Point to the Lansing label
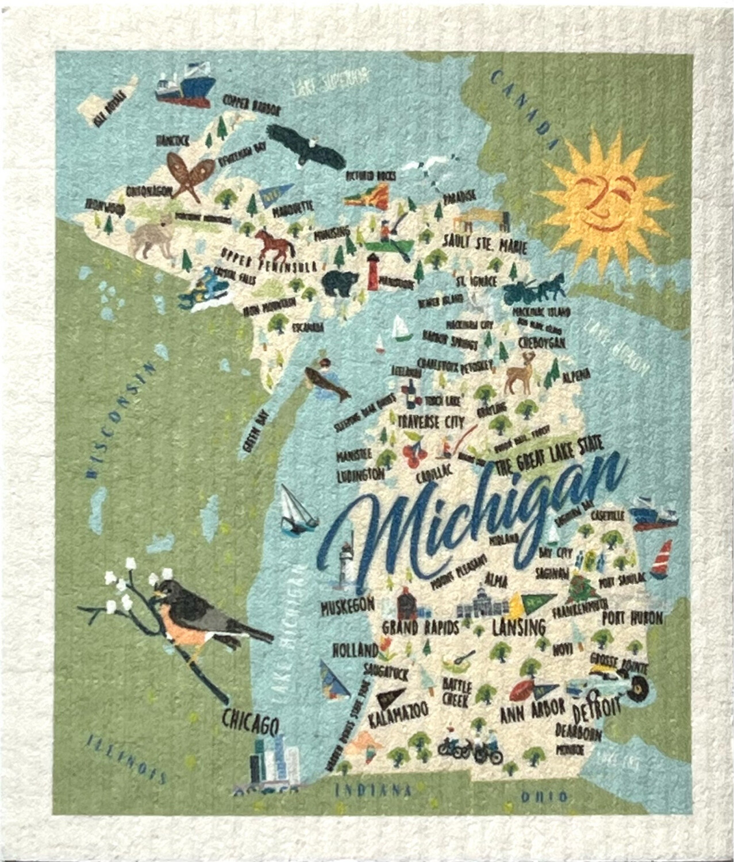(x=519, y=628)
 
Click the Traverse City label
(x=431, y=421)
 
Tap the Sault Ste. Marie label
(x=485, y=245)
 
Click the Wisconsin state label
(x=121, y=420)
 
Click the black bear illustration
(x=340, y=283)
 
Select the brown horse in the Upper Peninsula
(x=274, y=244)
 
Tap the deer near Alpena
(x=520, y=373)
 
